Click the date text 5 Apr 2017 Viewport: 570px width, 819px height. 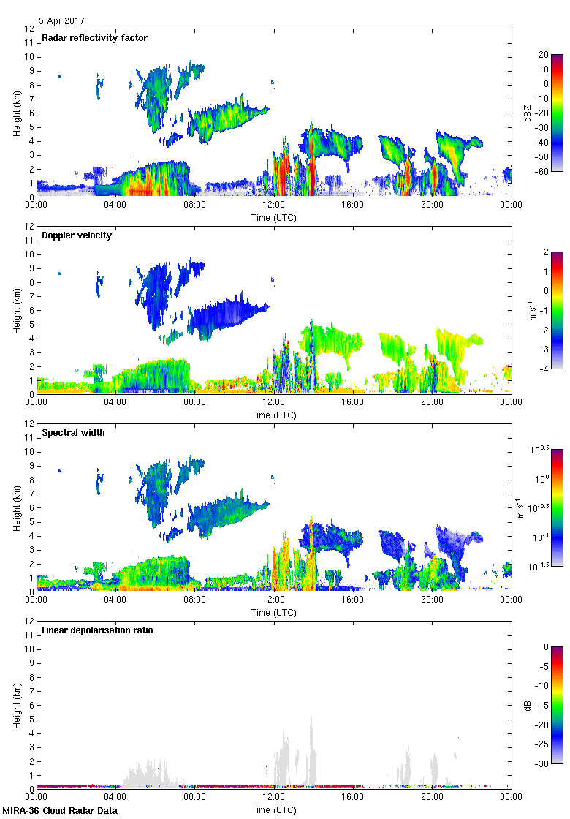click(63, 21)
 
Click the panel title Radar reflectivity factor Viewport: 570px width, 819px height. click(95, 38)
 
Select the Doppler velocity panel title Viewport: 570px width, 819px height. click(77, 235)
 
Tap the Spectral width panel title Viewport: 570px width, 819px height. click(73, 433)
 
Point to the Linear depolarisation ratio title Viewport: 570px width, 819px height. click(97, 630)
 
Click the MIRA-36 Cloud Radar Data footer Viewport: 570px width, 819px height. click(60, 811)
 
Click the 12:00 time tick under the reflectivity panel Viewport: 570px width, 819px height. click(274, 205)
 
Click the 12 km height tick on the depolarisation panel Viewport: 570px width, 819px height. click(30, 622)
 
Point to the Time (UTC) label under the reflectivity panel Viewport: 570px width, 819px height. click(274, 218)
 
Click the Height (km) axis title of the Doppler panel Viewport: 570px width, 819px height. click(16, 310)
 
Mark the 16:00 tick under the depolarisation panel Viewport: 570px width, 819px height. click(353, 798)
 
